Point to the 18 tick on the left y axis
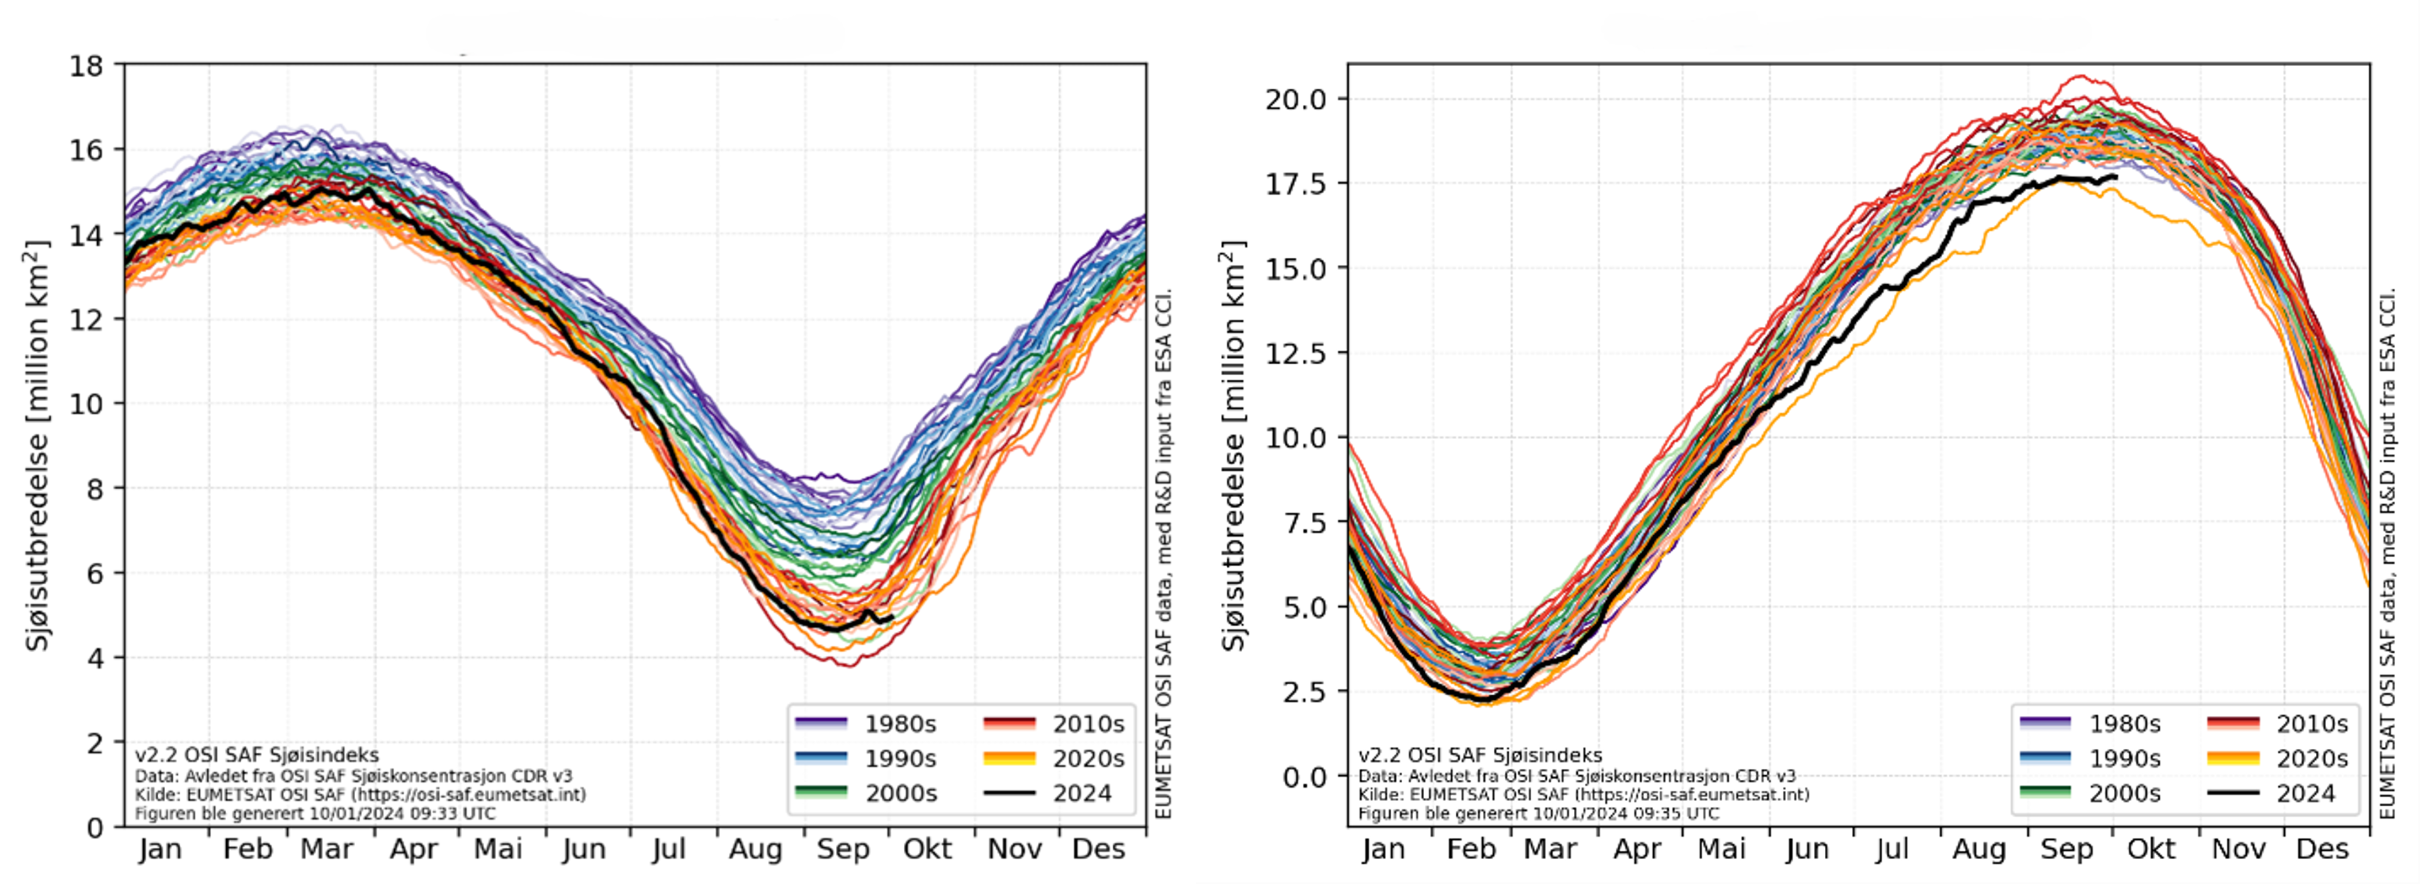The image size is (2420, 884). [x=86, y=66]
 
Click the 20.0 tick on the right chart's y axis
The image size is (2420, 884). [x=1296, y=100]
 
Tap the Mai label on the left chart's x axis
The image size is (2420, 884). [x=498, y=849]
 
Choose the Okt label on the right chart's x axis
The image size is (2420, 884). [x=2151, y=849]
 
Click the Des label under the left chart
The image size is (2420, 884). [x=1098, y=849]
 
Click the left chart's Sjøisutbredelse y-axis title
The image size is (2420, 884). [x=37, y=446]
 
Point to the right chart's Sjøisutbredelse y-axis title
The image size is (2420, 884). [x=1234, y=446]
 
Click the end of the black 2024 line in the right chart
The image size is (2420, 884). [x=2115, y=177]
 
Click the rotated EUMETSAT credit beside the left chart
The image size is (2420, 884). [x=1163, y=554]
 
